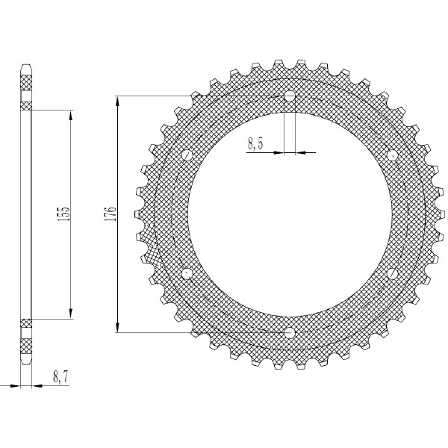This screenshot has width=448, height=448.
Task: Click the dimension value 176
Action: click(111, 214)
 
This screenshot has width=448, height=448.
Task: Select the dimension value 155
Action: click(63, 214)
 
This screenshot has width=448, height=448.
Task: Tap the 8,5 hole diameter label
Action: click(255, 143)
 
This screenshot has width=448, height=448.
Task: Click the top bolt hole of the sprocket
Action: click(290, 96)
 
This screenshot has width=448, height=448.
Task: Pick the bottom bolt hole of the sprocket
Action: click(290, 332)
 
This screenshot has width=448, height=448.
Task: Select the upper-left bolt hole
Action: click(187, 155)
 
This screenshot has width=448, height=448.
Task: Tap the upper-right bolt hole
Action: click(392, 155)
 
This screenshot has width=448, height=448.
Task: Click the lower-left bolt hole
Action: click(187, 274)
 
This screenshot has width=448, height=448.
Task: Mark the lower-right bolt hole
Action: click(392, 274)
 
